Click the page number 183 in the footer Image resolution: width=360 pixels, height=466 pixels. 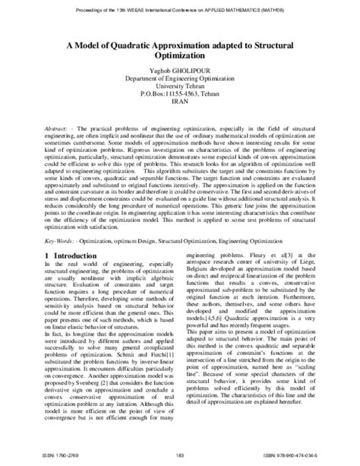(x=180, y=454)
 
